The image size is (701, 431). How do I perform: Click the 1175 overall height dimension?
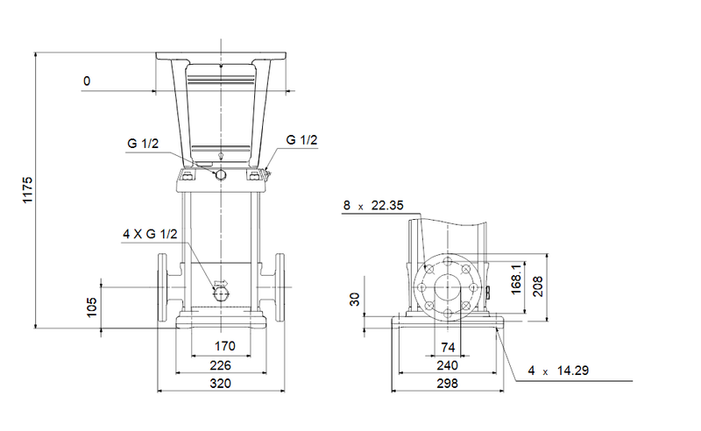tap(27, 190)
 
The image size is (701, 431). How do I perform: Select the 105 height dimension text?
tap(91, 307)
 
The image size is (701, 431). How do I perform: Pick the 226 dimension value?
tap(221, 364)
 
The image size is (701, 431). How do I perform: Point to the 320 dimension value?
tap(221, 384)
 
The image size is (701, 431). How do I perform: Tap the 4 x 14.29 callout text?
tap(557, 371)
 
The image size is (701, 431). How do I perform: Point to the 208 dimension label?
tap(538, 287)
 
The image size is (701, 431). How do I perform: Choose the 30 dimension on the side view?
tap(354, 300)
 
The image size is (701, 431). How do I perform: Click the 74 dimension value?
tap(448, 347)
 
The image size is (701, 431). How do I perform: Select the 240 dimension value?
tap(448, 364)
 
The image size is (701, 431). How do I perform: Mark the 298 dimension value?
tap(448, 384)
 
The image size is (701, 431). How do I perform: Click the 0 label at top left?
tap(87, 81)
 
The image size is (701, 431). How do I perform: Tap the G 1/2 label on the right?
tap(301, 139)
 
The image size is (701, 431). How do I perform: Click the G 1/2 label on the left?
tap(142, 144)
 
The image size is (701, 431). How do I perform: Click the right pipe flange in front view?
tap(279, 288)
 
